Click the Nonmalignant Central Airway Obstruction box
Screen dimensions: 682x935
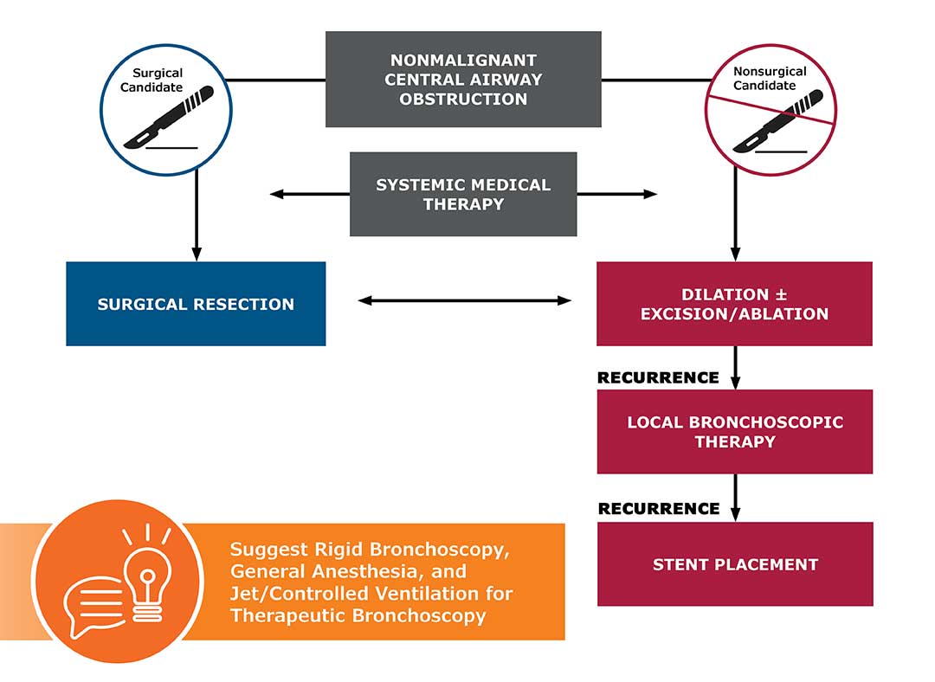pyautogui.click(x=463, y=80)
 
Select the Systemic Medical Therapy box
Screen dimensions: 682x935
pyautogui.click(x=463, y=195)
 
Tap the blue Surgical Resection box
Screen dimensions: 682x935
pyautogui.click(x=196, y=304)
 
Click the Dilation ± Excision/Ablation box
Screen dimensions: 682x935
pyautogui.click(x=734, y=304)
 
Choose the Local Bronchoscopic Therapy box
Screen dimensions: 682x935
pyautogui.click(x=734, y=432)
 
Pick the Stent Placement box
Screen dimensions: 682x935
pyautogui.click(x=734, y=564)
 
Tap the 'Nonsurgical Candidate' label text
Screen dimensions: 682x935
pyautogui.click(x=770, y=79)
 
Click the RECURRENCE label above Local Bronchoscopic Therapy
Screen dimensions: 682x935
pyautogui.click(x=658, y=377)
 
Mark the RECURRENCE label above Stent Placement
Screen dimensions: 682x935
pyautogui.click(x=658, y=508)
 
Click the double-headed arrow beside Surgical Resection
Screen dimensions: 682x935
pyautogui.click(x=465, y=301)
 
